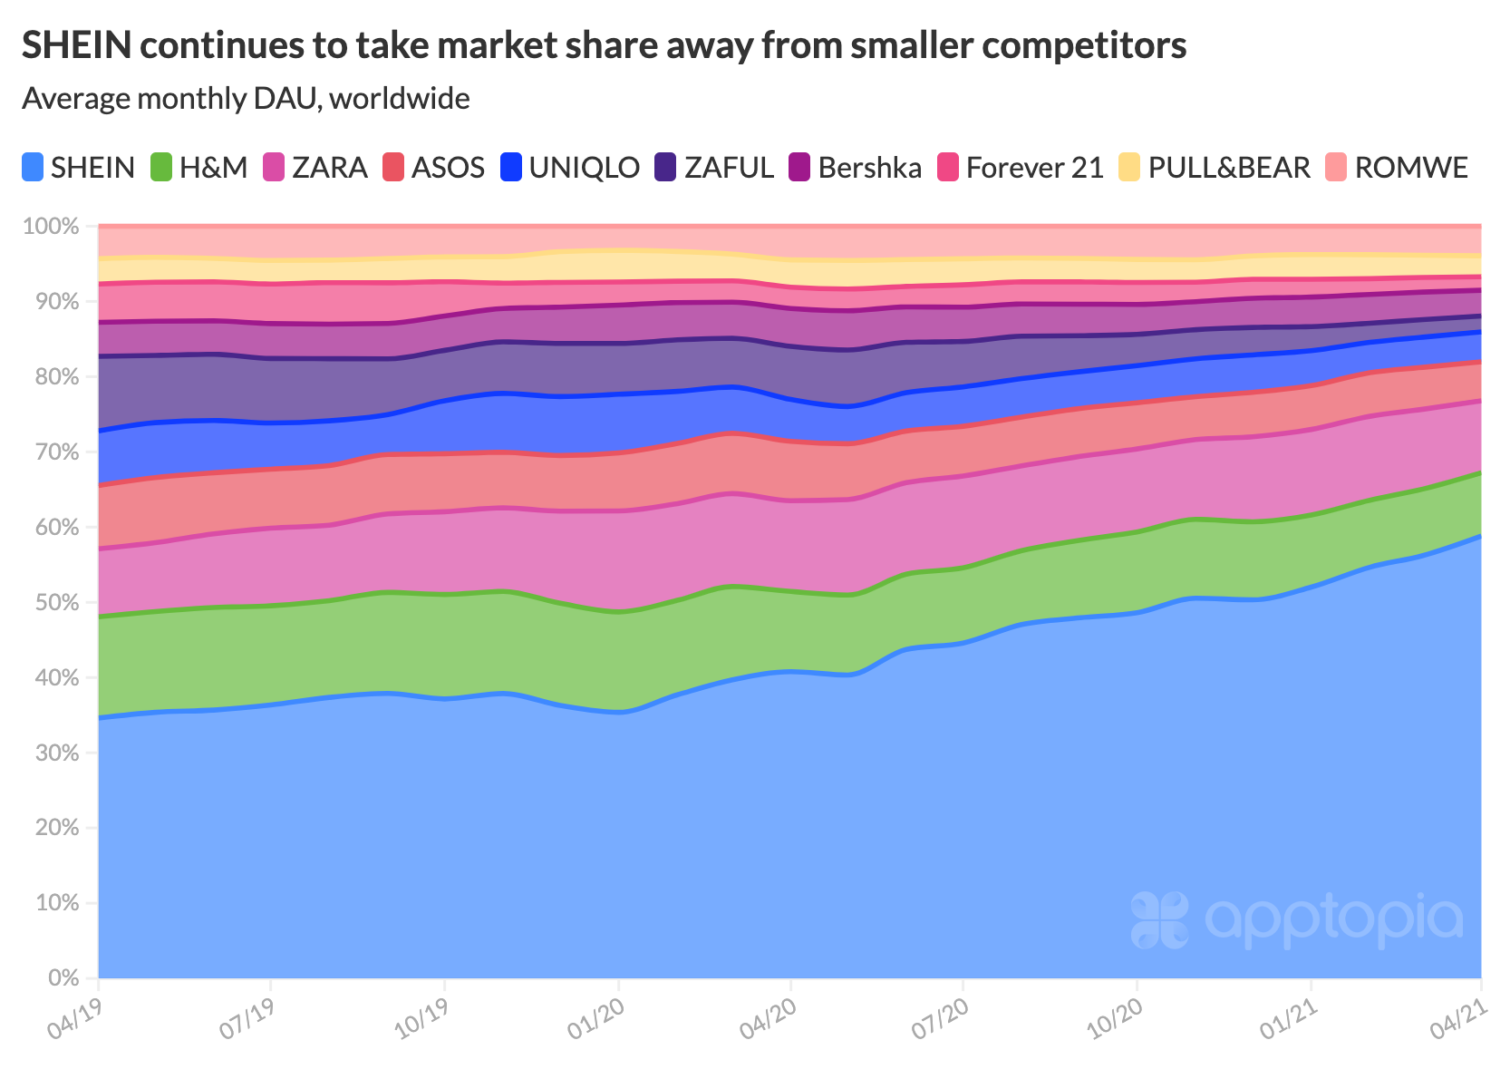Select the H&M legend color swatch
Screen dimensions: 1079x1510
[x=161, y=168]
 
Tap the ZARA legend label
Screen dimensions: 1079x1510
[x=330, y=168]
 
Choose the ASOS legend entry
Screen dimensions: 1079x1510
[x=433, y=168]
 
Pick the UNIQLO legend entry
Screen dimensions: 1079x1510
[x=570, y=168]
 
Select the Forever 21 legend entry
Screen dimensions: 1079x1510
[x=1021, y=168]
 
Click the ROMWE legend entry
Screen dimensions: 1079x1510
[x=1397, y=168]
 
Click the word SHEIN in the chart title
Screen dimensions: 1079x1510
[x=74, y=45]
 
